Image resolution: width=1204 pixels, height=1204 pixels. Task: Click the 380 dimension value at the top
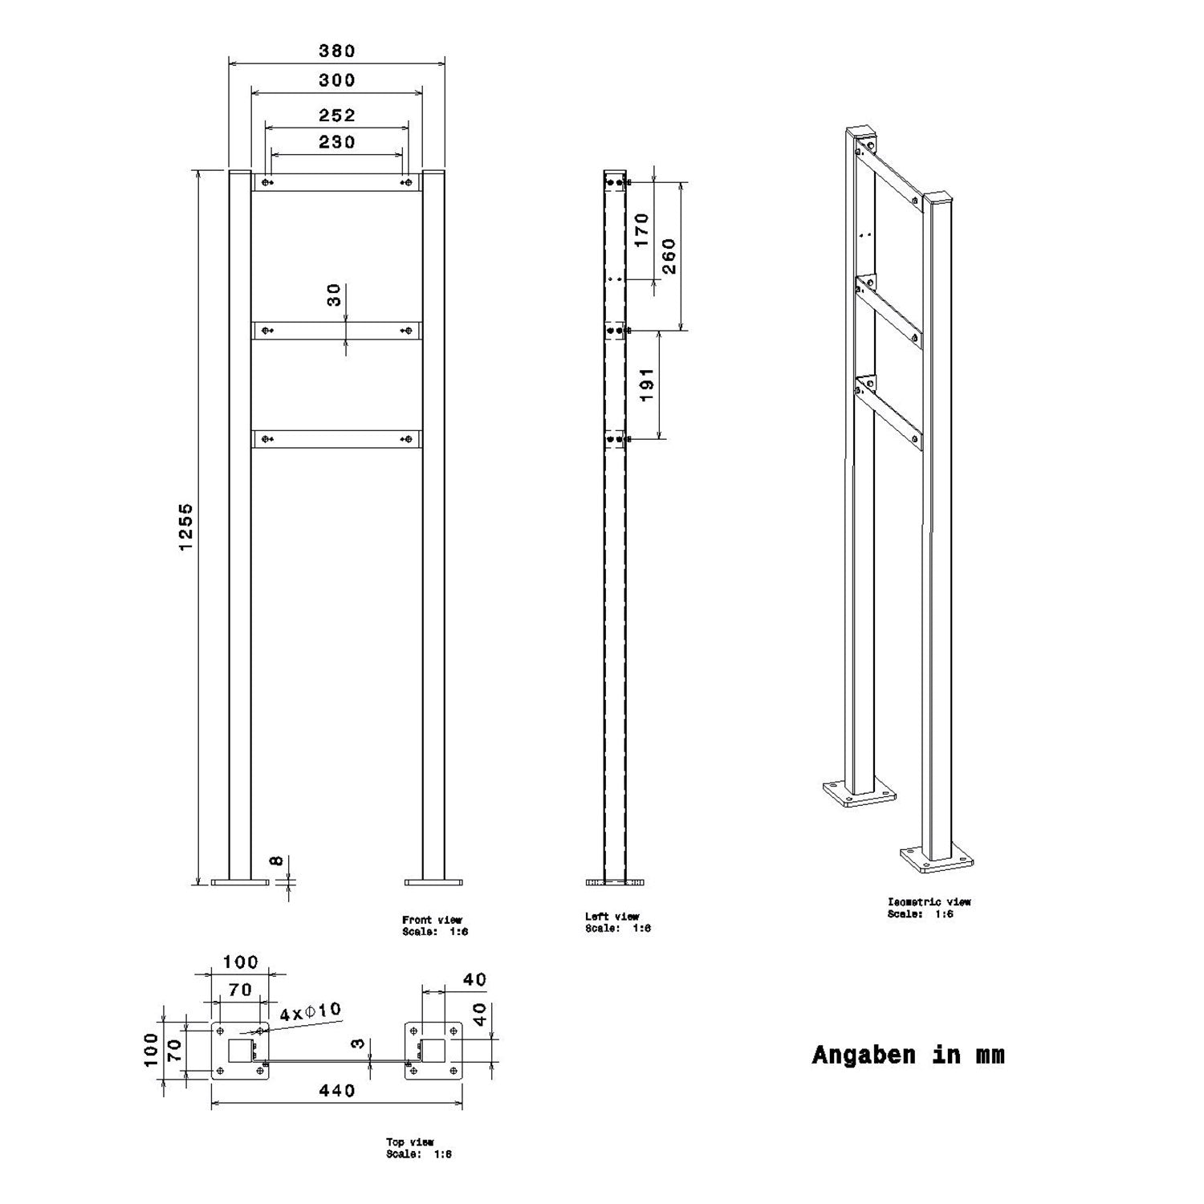[x=336, y=51]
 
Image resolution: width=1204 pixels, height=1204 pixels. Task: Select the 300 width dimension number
[x=336, y=79]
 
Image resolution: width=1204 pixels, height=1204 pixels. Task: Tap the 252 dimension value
[x=336, y=115]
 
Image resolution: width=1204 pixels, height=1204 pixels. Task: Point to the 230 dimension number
[x=336, y=142]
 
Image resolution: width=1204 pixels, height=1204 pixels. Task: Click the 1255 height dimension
[x=185, y=527]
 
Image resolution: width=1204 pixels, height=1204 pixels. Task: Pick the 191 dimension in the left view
[x=648, y=384]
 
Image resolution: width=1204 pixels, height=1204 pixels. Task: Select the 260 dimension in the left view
[x=669, y=256]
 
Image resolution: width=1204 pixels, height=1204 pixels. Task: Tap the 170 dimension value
[x=641, y=230]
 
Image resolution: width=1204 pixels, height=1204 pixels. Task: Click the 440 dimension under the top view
[x=337, y=1091]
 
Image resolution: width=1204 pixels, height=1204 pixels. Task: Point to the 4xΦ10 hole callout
[x=311, y=1012]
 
